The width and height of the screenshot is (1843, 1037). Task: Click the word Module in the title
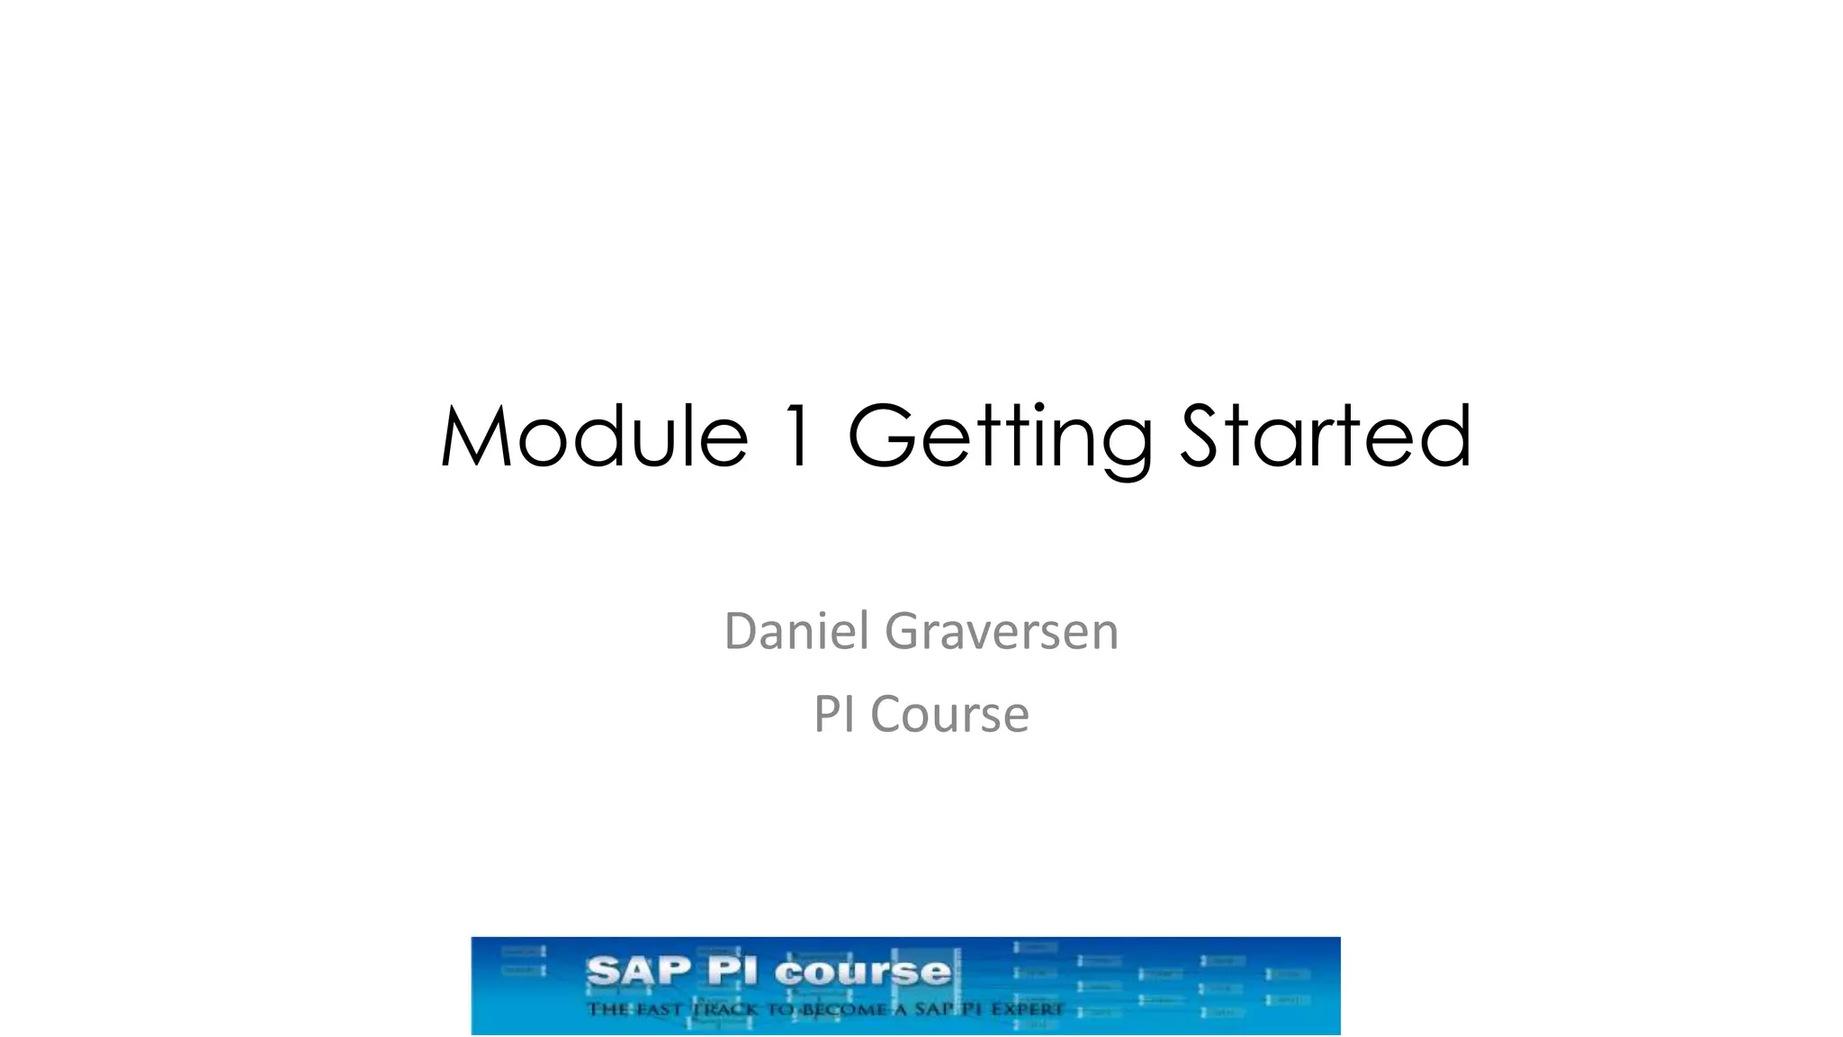click(x=594, y=437)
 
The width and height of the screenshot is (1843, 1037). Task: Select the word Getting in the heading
click(x=999, y=438)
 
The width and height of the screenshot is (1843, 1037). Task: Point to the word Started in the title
click(x=1326, y=437)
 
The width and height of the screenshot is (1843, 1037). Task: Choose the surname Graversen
click(x=1002, y=631)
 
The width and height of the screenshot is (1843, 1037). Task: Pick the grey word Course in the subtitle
click(x=949, y=715)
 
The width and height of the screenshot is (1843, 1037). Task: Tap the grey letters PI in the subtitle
click(x=834, y=715)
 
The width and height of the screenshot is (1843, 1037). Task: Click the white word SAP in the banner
click(x=639, y=972)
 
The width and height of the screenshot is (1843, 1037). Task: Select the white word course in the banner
click(x=862, y=972)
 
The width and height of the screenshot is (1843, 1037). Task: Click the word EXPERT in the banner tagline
click(x=1027, y=1009)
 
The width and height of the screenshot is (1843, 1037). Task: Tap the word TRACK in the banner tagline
click(x=725, y=1009)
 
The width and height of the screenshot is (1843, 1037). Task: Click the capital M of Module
click(x=477, y=437)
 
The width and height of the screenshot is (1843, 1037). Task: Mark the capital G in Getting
click(x=883, y=437)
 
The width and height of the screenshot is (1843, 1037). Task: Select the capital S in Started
click(x=1205, y=437)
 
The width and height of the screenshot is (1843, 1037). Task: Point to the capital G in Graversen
click(x=903, y=631)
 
